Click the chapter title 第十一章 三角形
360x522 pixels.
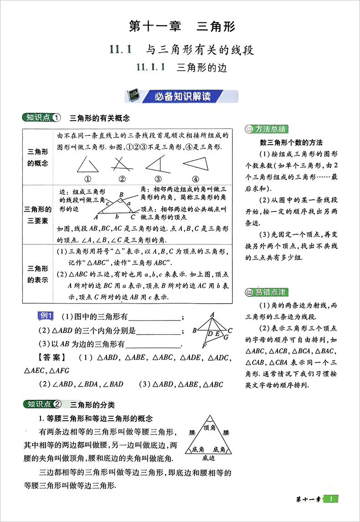[x=182, y=26]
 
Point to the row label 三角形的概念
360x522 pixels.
[x=38, y=157]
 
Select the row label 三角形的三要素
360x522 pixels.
[x=38, y=215]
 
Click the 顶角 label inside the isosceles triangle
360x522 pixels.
[x=209, y=427]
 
